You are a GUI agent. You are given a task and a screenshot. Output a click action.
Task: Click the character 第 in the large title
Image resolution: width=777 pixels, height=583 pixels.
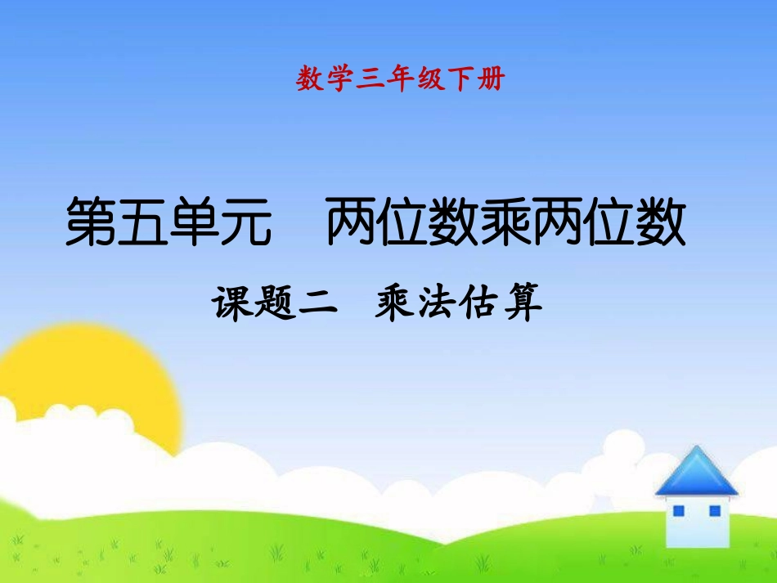click(91, 222)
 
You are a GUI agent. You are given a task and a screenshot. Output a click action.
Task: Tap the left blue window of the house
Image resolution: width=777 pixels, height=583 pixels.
click(678, 510)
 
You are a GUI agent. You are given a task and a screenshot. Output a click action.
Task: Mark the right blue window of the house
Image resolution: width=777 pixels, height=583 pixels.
click(714, 510)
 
